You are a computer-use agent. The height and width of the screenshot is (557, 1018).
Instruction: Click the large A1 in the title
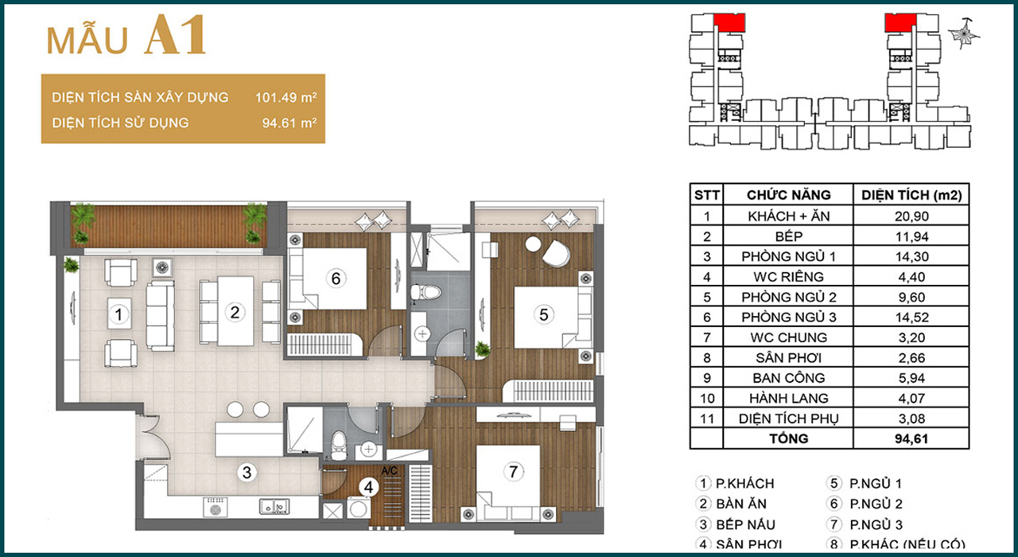tap(175, 36)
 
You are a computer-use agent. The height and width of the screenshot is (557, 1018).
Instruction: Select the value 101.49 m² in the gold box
tap(286, 97)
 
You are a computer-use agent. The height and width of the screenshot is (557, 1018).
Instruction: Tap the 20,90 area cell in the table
tap(911, 216)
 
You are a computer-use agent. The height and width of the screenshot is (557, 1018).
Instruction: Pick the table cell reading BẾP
tap(788, 236)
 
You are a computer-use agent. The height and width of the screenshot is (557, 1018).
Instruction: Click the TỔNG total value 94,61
tap(911, 438)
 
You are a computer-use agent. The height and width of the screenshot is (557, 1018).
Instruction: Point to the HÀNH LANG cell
tap(788, 399)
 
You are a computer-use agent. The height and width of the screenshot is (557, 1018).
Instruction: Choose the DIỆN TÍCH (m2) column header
tap(911, 195)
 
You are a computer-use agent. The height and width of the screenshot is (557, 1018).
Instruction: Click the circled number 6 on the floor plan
tap(336, 278)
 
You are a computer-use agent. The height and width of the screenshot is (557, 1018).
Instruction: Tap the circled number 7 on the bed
tap(513, 472)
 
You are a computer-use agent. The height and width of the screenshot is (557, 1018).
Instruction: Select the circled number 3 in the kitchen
tap(247, 473)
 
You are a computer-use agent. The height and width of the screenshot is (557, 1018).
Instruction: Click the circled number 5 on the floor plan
tap(543, 314)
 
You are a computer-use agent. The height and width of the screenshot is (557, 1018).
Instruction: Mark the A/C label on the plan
tap(389, 471)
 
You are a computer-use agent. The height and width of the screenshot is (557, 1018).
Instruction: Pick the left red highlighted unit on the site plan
tap(729, 23)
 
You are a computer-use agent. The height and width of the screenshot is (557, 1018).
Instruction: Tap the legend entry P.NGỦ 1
tap(875, 483)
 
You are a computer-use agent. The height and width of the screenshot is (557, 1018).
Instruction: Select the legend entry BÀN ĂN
tap(741, 504)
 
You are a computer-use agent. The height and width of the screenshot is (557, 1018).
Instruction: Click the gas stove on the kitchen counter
tap(216, 507)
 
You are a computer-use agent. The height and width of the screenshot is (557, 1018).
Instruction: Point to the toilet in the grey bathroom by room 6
tap(425, 292)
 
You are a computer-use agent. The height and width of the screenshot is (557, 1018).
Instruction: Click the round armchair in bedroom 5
tap(556, 255)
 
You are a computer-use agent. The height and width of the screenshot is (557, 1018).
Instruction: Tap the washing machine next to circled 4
tap(359, 508)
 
